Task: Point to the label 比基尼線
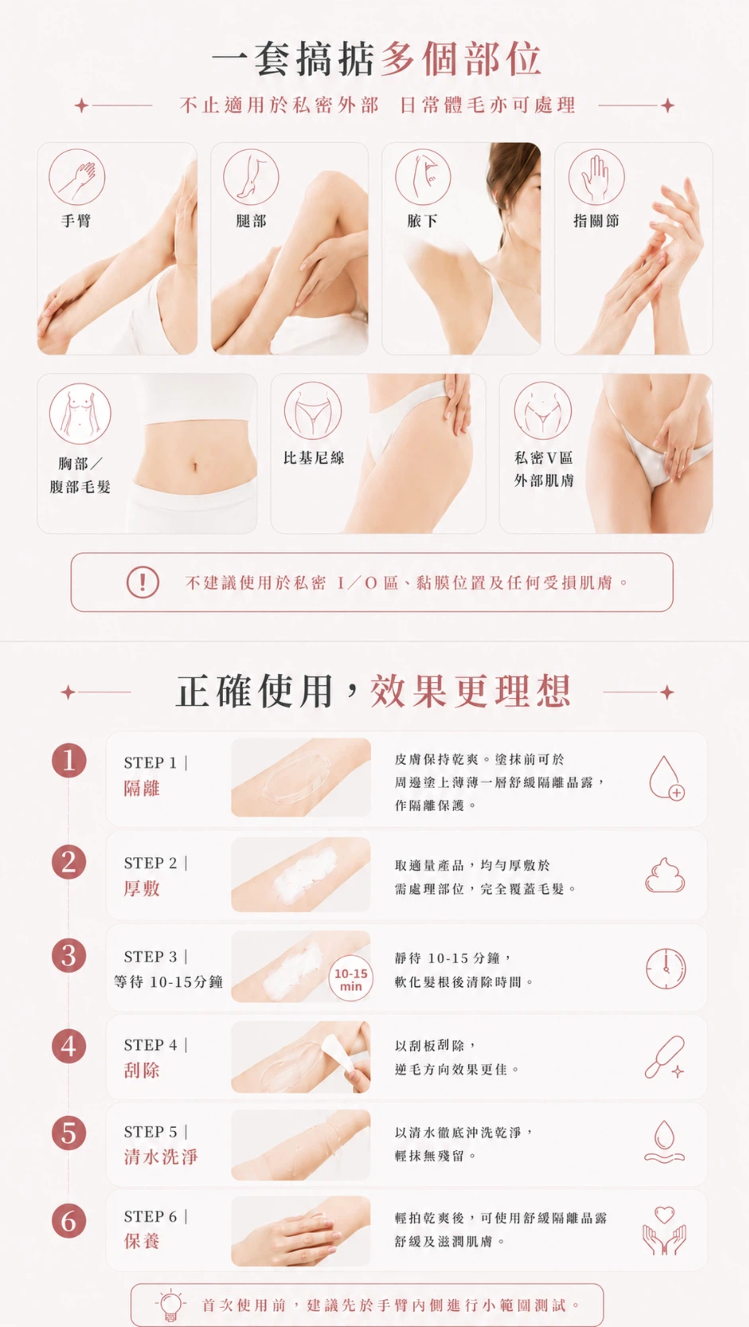click(313, 458)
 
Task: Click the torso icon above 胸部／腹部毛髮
click(80, 414)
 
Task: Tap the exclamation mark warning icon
click(143, 582)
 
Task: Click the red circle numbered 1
click(69, 761)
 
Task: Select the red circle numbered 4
click(69, 1046)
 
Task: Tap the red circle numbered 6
click(69, 1221)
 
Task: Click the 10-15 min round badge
click(351, 979)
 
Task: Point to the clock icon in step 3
click(666, 969)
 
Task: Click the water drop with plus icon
click(666, 778)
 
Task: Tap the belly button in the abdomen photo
click(195, 467)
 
